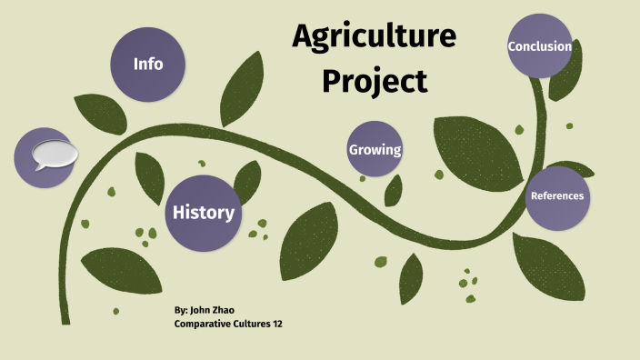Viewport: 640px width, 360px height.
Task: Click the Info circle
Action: click(x=148, y=64)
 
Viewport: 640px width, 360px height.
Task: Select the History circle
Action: click(x=204, y=212)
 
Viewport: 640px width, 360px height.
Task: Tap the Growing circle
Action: click(x=375, y=149)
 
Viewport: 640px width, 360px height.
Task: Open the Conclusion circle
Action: click(x=539, y=45)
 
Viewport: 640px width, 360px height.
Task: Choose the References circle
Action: click(x=556, y=196)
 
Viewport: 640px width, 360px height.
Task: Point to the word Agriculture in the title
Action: click(x=374, y=37)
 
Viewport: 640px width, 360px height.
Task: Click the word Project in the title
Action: click(x=373, y=82)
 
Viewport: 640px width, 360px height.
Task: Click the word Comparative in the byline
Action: click(x=203, y=325)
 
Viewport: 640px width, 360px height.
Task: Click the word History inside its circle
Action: click(x=204, y=213)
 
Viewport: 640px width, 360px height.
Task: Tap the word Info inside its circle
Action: click(x=148, y=64)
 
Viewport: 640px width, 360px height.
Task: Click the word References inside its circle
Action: click(x=556, y=196)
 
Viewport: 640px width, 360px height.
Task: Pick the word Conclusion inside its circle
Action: click(x=539, y=46)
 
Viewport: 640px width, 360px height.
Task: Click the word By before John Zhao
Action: click(x=181, y=311)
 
